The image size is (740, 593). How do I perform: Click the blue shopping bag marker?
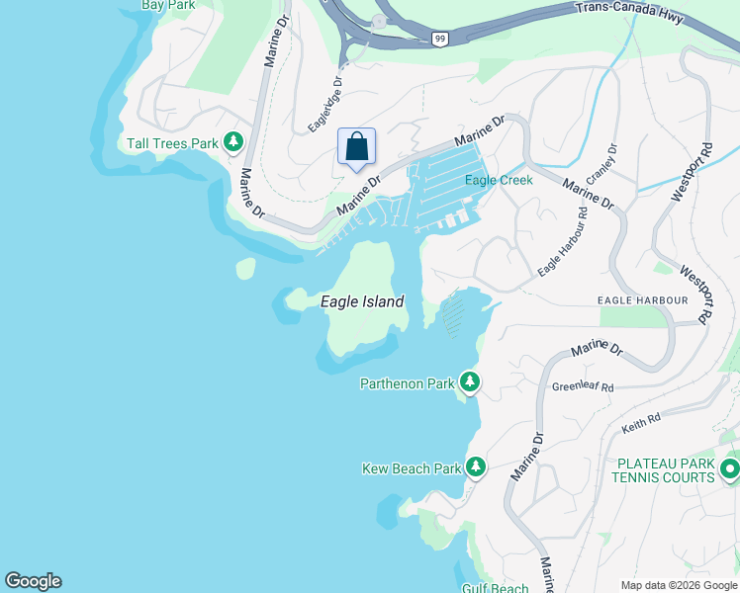coord(357,147)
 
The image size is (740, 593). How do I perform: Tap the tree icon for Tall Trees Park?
coord(233,143)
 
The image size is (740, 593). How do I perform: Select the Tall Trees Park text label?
coord(172,143)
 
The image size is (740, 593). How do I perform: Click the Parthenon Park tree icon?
coord(470,382)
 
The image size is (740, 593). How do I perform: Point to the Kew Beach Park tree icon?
coord(476,466)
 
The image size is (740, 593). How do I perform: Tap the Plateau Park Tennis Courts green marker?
coord(730,468)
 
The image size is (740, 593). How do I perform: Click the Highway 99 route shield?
coord(438,38)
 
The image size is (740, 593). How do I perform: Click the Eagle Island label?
coord(362,301)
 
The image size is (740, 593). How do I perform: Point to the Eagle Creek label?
coord(499,180)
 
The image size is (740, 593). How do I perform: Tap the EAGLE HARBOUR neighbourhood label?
coord(642,299)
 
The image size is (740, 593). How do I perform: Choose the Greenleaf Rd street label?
coord(583,387)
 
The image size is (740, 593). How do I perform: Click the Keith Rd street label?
coord(640,423)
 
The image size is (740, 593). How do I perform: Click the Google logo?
coord(33,581)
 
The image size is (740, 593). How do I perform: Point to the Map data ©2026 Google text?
coord(678,585)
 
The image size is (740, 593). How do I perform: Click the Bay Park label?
coord(167,5)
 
